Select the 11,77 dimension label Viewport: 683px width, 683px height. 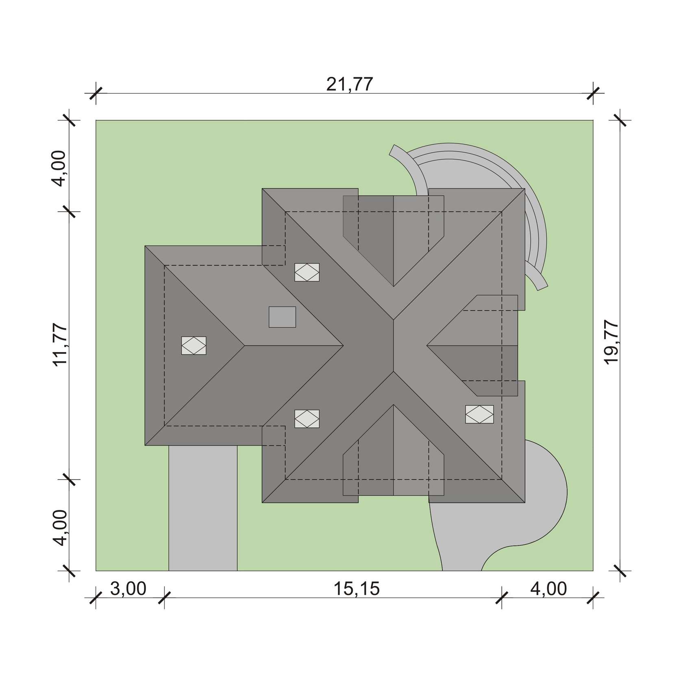(x=60, y=345)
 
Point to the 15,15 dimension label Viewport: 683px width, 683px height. (x=357, y=589)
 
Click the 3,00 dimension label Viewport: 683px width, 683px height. (x=128, y=589)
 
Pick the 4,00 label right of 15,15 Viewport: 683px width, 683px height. (x=548, y=589)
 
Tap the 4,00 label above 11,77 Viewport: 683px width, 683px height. (x=60, y=168)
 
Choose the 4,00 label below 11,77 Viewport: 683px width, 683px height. (x=60, y=528)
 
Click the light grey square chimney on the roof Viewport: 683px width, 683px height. (x=282, y=317)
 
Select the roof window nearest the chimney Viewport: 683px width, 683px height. (x=307, y=272)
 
